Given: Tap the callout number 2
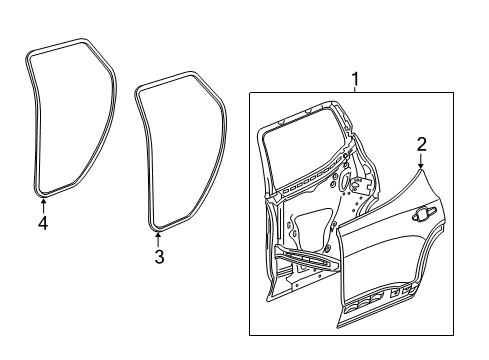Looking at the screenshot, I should (421, 144).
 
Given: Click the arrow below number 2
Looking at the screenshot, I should (421, 160).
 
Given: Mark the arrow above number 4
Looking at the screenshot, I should (42, 205).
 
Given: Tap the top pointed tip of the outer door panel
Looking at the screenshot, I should (419, 169).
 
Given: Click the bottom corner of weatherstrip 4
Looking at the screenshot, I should (41, 190).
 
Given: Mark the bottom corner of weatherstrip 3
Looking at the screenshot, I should (156, 228).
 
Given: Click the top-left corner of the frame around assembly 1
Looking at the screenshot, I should (249, 91).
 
